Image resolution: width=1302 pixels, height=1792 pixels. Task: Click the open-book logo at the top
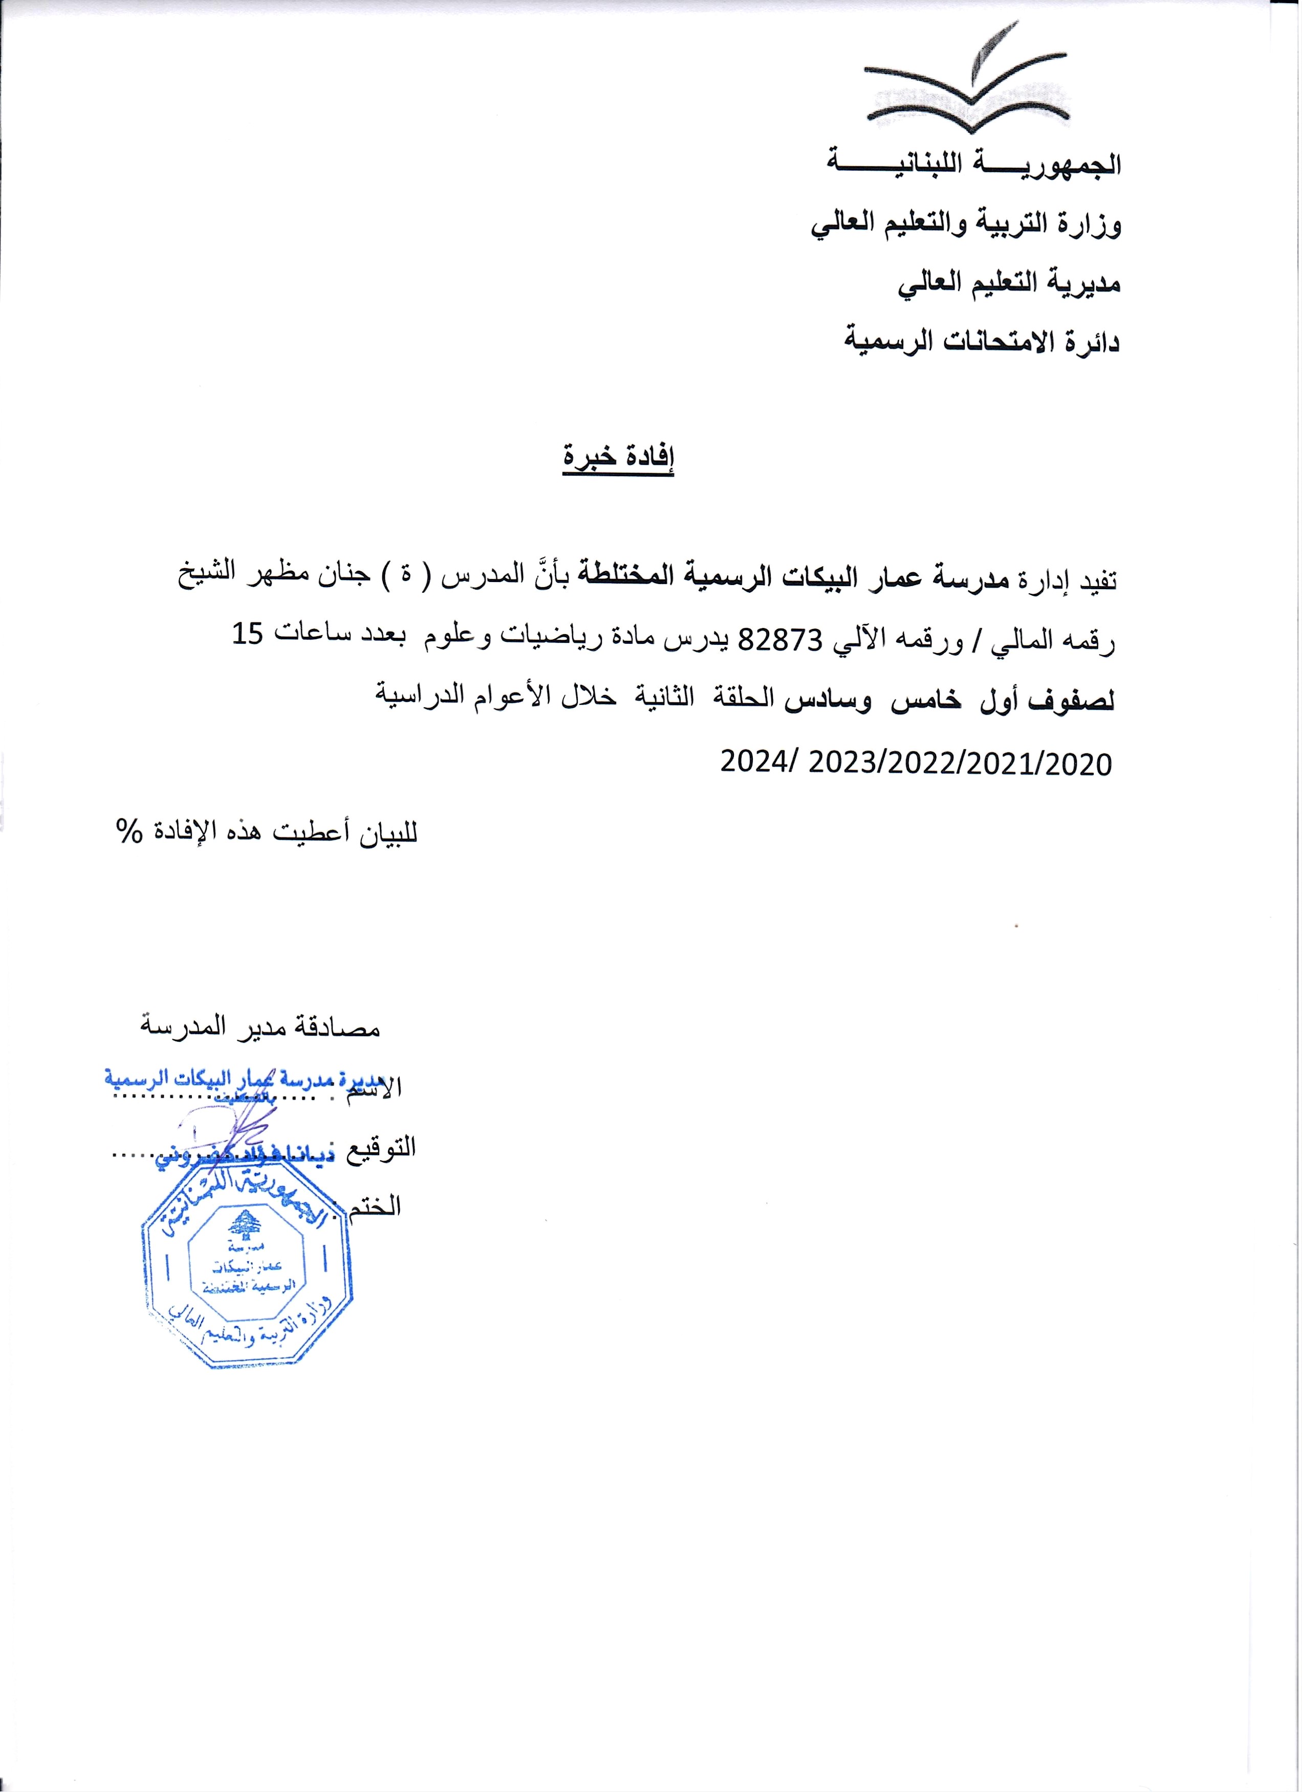click(x=967, y=91)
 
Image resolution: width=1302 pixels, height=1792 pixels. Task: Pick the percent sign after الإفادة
click(x=127, y=833)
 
